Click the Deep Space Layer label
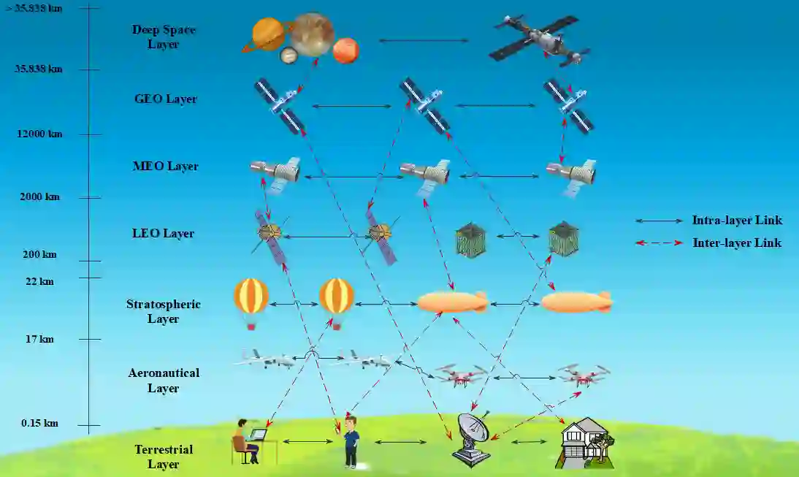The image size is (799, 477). click(164, 37)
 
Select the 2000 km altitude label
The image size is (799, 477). click(41, 197)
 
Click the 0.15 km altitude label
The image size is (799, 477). click(39, 424)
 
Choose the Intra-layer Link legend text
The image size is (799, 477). click(736, 221)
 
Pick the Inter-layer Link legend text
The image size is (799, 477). click(736, 243)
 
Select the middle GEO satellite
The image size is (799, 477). click(424, 105)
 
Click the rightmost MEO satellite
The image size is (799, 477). click(573, 175)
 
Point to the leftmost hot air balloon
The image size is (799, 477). click(251, 302)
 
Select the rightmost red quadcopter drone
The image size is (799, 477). click(584, 375)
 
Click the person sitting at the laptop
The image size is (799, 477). click(246, 441)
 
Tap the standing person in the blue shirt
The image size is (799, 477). click(351, 441)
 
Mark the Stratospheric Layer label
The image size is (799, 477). click(163, 311)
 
